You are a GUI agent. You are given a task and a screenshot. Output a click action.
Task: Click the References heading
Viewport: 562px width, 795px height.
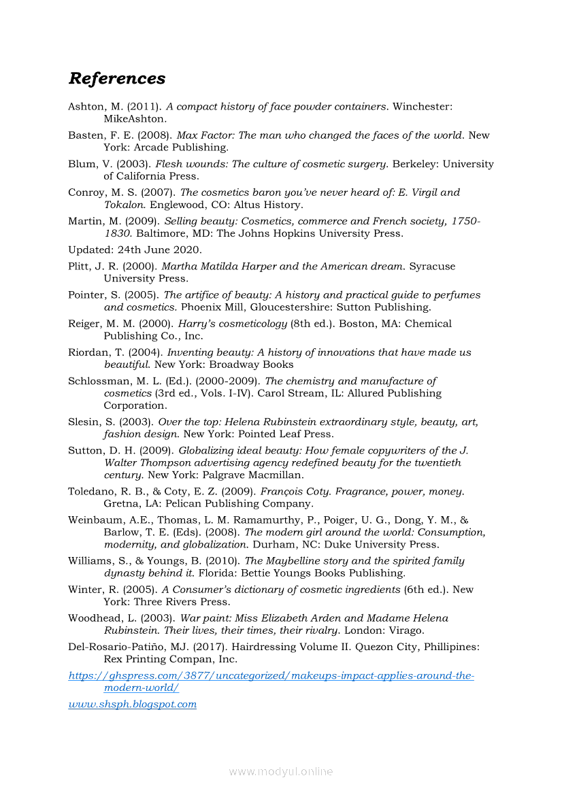[116, 78]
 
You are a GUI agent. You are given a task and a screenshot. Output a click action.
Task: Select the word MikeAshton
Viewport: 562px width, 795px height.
[135, 119]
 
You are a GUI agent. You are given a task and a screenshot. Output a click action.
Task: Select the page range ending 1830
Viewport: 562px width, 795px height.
[117, 233]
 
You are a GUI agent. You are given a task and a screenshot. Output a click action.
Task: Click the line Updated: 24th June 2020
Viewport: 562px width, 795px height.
[125, 250]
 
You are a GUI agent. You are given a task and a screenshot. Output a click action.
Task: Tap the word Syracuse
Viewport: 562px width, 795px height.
[432, 266]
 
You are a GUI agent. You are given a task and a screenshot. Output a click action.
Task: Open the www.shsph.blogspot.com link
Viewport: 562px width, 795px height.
[132, 704]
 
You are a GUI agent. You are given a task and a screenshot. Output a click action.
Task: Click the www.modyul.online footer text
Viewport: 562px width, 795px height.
[280, 771]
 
